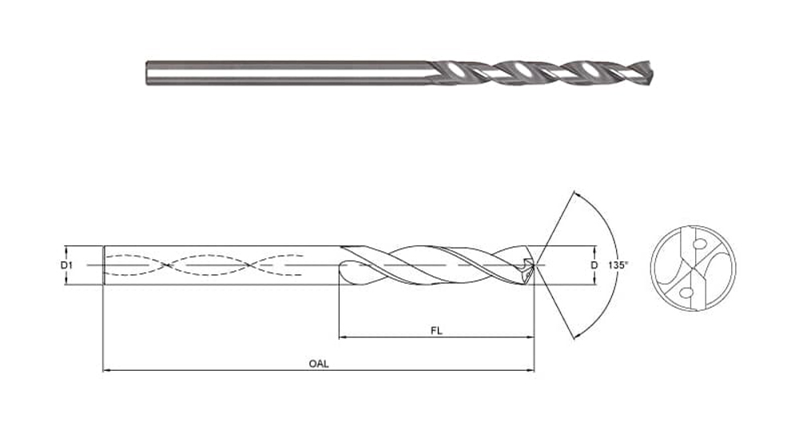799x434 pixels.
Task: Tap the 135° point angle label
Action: [x=618, y=265]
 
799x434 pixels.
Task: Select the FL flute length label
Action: [x=435, y=328]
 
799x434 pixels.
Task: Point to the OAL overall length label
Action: [x=319, y=362]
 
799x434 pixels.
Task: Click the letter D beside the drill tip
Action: [x=593, y=264]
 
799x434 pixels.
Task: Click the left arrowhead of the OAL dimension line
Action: [x=107, y=370]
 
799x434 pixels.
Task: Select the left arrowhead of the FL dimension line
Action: [x=344, y=336]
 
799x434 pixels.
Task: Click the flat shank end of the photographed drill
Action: [x=148, y=72]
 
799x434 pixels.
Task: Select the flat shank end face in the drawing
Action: [x=104, y=264]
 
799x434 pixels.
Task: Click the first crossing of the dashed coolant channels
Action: [x=164, y=264]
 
